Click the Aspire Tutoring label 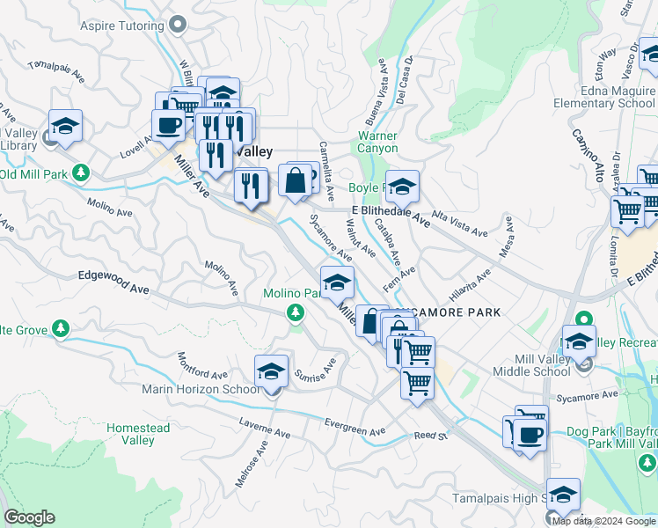(121, 25)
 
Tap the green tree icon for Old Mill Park (82, 172)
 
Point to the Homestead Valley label (138, 434)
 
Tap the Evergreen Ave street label (355, 430)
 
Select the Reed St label (431, 435)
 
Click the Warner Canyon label (377, 143)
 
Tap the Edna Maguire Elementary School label (604, 97)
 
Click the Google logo (29, 517)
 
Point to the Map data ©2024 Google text (603, 521)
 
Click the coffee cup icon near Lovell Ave (168, 125)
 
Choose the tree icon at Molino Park (296, 312)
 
